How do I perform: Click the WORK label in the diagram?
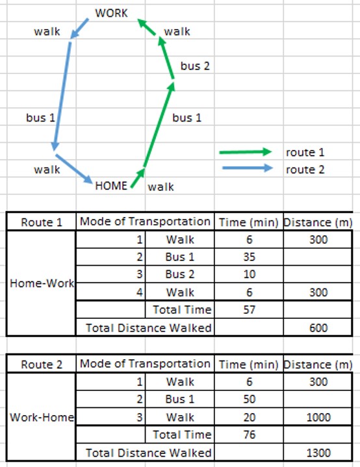point(112,13)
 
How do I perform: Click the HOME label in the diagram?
point(111,186)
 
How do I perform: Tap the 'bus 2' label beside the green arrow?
point(195,66)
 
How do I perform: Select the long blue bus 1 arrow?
point(62,96)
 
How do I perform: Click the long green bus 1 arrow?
point(159,125)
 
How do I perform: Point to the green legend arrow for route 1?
point(246,152)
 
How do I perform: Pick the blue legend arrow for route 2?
point(248,168)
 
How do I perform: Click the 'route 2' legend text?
point(305,170)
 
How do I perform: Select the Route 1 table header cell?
point(42,223)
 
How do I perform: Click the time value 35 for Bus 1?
point(249,257)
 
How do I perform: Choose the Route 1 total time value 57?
point(249,310)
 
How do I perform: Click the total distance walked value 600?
point(318,328)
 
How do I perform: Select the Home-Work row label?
point(42,283)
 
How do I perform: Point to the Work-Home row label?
point(42,417)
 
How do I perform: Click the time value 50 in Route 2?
point(249,399)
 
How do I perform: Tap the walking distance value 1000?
point(318,417)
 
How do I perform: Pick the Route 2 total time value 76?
point(249,435)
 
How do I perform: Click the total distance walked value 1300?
point(318,453)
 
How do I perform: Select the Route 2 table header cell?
point(42,364)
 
